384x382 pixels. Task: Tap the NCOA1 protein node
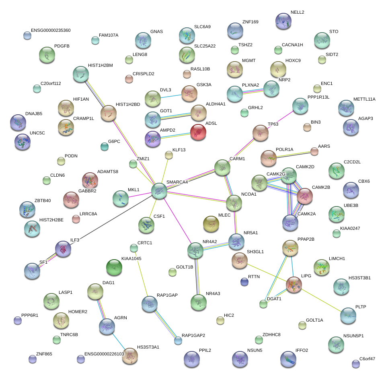(234, 203)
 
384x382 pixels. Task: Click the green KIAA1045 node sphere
(114, 268)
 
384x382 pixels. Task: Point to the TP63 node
(261, 133)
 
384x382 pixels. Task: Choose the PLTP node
(348, 316)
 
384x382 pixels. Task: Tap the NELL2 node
(283, 21)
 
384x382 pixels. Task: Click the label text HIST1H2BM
(101, 65)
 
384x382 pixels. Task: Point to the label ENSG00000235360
(51, 30)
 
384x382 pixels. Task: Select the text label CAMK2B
(321, 187)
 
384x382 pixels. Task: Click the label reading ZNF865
(44, 354)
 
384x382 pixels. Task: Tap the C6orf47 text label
(367, 359)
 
